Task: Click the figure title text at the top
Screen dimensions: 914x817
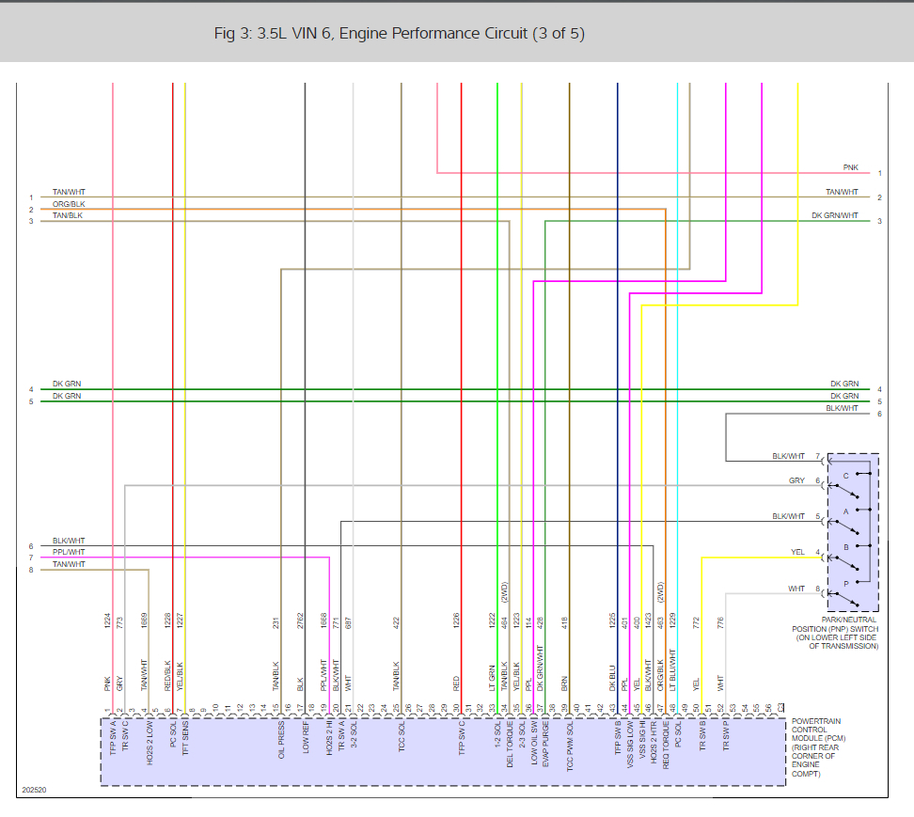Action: click(399, 34)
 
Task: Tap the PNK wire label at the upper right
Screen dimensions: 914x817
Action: click(850, 167)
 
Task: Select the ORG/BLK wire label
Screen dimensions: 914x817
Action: click(68, 204)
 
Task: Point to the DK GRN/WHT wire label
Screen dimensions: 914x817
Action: click(835, 215)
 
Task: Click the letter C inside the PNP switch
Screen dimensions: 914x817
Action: click(845, 477)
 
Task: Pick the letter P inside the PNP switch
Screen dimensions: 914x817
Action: click(845, 584)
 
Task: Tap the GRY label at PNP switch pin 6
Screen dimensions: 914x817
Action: click(796, 481)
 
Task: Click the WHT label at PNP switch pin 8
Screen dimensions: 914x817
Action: click(796, 589)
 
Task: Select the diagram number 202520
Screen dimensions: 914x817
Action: click(34, 791)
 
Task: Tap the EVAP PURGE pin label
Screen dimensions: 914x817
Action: click(545, 743)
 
